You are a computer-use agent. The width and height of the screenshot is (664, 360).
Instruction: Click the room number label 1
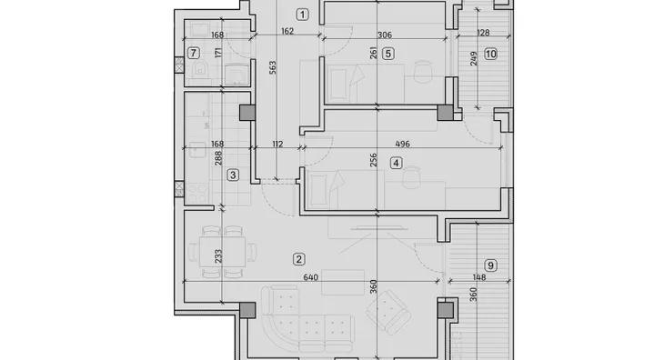click(302, 15)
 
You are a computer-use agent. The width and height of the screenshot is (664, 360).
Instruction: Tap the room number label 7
click(194, 54)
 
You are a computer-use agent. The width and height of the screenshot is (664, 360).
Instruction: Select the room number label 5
click(387, 54)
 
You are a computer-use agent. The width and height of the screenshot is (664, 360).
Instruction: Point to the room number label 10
click(490, 55)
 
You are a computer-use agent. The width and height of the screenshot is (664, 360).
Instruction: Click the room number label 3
click(233, 175)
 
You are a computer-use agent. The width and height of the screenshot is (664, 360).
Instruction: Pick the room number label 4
click(396, 163)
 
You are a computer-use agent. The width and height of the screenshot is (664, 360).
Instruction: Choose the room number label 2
click(299, 259)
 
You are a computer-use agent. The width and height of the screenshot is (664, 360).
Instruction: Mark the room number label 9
click(490, 265)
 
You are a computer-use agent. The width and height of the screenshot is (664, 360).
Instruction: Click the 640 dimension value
click(310, 277)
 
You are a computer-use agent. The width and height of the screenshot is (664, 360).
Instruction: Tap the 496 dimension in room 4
click(402, 144)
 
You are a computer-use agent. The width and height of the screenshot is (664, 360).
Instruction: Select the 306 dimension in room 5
click(385, 35)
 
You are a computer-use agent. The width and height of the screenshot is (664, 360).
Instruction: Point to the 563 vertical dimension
click(273, 67)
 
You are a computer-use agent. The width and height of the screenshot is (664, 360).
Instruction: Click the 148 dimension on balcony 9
click(479, 277)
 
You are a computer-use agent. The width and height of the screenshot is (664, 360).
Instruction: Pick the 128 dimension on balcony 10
click(483, 33)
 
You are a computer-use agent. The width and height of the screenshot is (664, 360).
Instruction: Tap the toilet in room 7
click(200, 69)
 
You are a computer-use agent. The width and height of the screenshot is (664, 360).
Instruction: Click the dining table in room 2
click(222, 252)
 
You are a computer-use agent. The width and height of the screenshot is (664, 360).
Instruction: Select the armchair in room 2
click(387, 312)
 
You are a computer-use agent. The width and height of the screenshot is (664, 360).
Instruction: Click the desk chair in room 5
click(422, 70)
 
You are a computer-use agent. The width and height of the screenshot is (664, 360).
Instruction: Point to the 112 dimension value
click(277, 145)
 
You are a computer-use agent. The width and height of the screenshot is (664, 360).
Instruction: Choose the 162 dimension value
click(287, 31)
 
